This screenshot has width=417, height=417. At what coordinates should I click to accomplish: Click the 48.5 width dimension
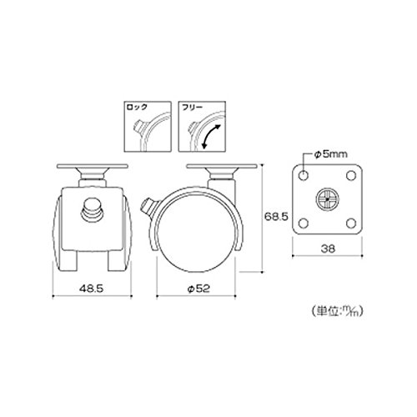point(91,289)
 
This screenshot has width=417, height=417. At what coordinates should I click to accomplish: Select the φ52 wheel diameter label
point(198,289)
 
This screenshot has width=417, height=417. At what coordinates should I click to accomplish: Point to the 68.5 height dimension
point(276,216)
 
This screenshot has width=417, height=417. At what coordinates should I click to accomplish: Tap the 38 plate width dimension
point(328,249)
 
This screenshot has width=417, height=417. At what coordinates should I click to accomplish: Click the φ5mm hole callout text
point(330,154)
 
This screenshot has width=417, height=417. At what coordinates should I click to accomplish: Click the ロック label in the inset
point(137,108)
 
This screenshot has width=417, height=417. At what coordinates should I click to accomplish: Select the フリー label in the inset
point(191,108)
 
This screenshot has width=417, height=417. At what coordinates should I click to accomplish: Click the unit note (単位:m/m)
point(337,310)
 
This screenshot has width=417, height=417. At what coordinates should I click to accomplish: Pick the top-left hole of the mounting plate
point(304,175)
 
